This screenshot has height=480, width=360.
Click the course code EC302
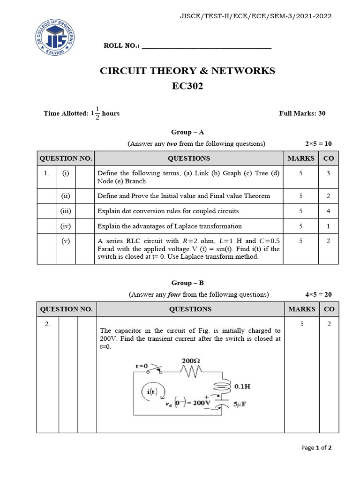point(187,86)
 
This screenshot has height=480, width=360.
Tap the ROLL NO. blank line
point(206,46)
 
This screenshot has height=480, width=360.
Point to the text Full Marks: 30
point(302,113)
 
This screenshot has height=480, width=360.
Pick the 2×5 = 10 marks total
point(318,143)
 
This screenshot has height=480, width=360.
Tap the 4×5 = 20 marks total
point(318,294)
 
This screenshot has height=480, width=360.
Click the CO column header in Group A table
point(329,158)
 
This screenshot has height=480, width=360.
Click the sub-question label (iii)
point(65,211)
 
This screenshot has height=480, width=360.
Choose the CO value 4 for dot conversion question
point(329,211)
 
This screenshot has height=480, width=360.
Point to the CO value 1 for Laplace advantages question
point(329,226)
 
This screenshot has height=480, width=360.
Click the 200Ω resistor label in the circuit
point(191,361)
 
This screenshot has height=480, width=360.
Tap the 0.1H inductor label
point(242,387)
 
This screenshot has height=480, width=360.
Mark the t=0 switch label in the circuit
point(142,366)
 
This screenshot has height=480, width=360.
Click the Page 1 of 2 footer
point(316,448)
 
